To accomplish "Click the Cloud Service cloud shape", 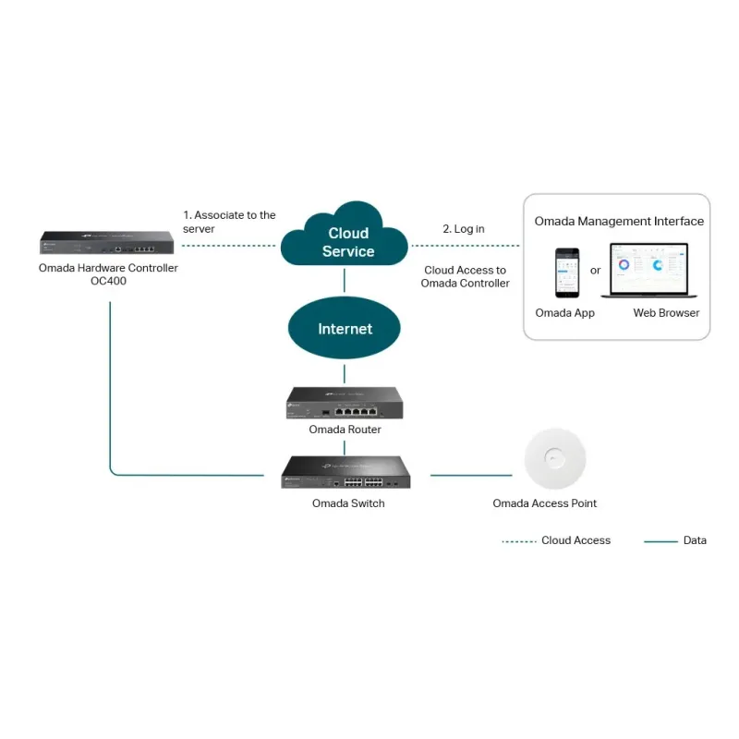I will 345,240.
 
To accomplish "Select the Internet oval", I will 345,329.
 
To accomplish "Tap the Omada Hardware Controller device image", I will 108,244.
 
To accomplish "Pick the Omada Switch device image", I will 345,473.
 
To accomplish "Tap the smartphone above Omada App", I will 566,273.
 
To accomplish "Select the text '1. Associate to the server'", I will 229,222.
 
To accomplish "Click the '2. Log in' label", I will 463,228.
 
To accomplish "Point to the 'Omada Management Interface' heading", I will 619,222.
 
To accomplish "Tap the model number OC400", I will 108,281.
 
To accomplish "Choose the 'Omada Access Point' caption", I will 544,503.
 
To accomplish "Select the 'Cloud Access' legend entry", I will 575,540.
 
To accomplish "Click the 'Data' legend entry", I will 695,540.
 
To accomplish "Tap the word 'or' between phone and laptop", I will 595,271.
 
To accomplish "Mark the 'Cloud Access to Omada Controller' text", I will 465,277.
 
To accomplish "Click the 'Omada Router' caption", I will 345,430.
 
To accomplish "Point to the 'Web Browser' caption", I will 666,313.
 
